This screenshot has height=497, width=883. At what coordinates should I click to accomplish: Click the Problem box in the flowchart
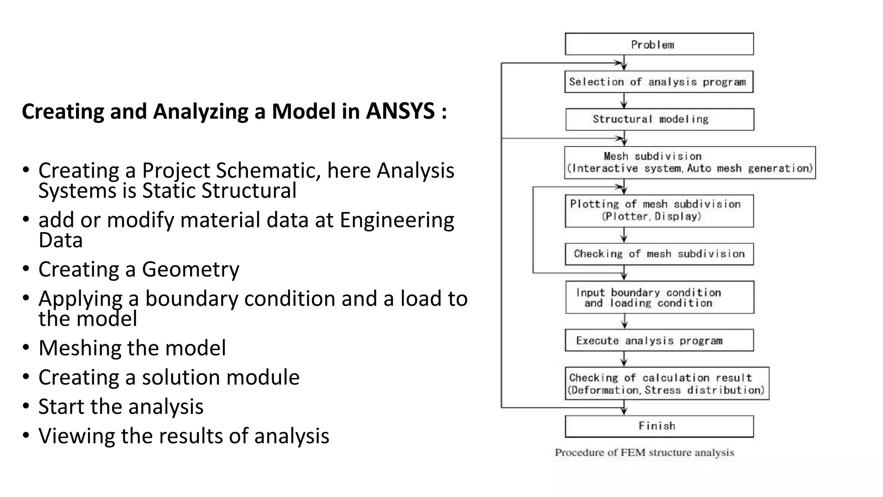coord(659,44)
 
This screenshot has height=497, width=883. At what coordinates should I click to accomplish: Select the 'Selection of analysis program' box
coord(658,82)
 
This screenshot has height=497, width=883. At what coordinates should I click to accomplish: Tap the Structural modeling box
coord(659,119)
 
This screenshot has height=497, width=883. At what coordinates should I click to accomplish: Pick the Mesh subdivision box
coord(689,162)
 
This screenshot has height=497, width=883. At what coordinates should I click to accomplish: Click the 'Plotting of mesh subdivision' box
coord(659,211)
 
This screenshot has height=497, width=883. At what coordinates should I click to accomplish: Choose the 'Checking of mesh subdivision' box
coord(659,254)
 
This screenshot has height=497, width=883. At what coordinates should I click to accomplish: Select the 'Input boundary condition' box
coord(659,297)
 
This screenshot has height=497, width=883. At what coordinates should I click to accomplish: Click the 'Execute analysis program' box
coord(659,340)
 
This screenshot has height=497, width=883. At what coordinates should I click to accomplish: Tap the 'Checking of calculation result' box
coord(667,384)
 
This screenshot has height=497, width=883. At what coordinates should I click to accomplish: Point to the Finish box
coord(659,426)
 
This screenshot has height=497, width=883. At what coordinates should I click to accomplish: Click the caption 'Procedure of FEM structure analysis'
coord(644,453)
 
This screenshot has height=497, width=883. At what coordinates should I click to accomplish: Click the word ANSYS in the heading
coord(400,111)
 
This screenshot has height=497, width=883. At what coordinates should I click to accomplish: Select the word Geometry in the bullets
coord(191,269)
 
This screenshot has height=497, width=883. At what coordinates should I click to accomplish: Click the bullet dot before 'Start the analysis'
coord(26,406)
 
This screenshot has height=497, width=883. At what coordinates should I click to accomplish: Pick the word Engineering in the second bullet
coord(397,220)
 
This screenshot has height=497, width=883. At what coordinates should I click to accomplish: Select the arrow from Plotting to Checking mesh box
coord(624,235)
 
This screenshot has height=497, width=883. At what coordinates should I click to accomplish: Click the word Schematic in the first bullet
coord(268,170)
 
